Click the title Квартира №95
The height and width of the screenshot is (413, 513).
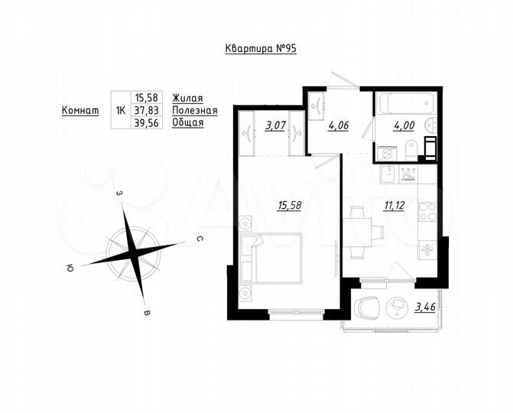260,48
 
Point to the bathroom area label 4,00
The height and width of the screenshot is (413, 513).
404,126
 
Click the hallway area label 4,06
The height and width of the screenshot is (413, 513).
338,126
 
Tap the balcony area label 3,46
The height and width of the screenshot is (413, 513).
426,308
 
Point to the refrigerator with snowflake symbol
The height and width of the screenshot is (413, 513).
427,252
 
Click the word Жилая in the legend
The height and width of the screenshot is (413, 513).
187,97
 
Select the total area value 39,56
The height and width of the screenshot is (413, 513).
148,122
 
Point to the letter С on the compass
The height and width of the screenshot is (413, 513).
199,239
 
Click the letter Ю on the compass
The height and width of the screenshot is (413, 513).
70,268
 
